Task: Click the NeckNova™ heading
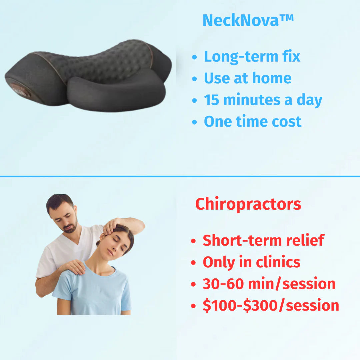pos(248,21)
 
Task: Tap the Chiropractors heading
pos(248,204)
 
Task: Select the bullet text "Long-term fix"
pos(252,56)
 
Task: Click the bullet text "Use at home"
pos(248,78)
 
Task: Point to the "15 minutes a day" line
pos(263,100)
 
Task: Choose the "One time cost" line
pos(253,121)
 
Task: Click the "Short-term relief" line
pos(263,240)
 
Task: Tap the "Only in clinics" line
pos(252,262)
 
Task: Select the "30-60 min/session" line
pos(269,284)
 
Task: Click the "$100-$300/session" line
pos(271,306)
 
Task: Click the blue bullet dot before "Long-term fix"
pos(195,57)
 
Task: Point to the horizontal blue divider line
pos(180,176)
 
